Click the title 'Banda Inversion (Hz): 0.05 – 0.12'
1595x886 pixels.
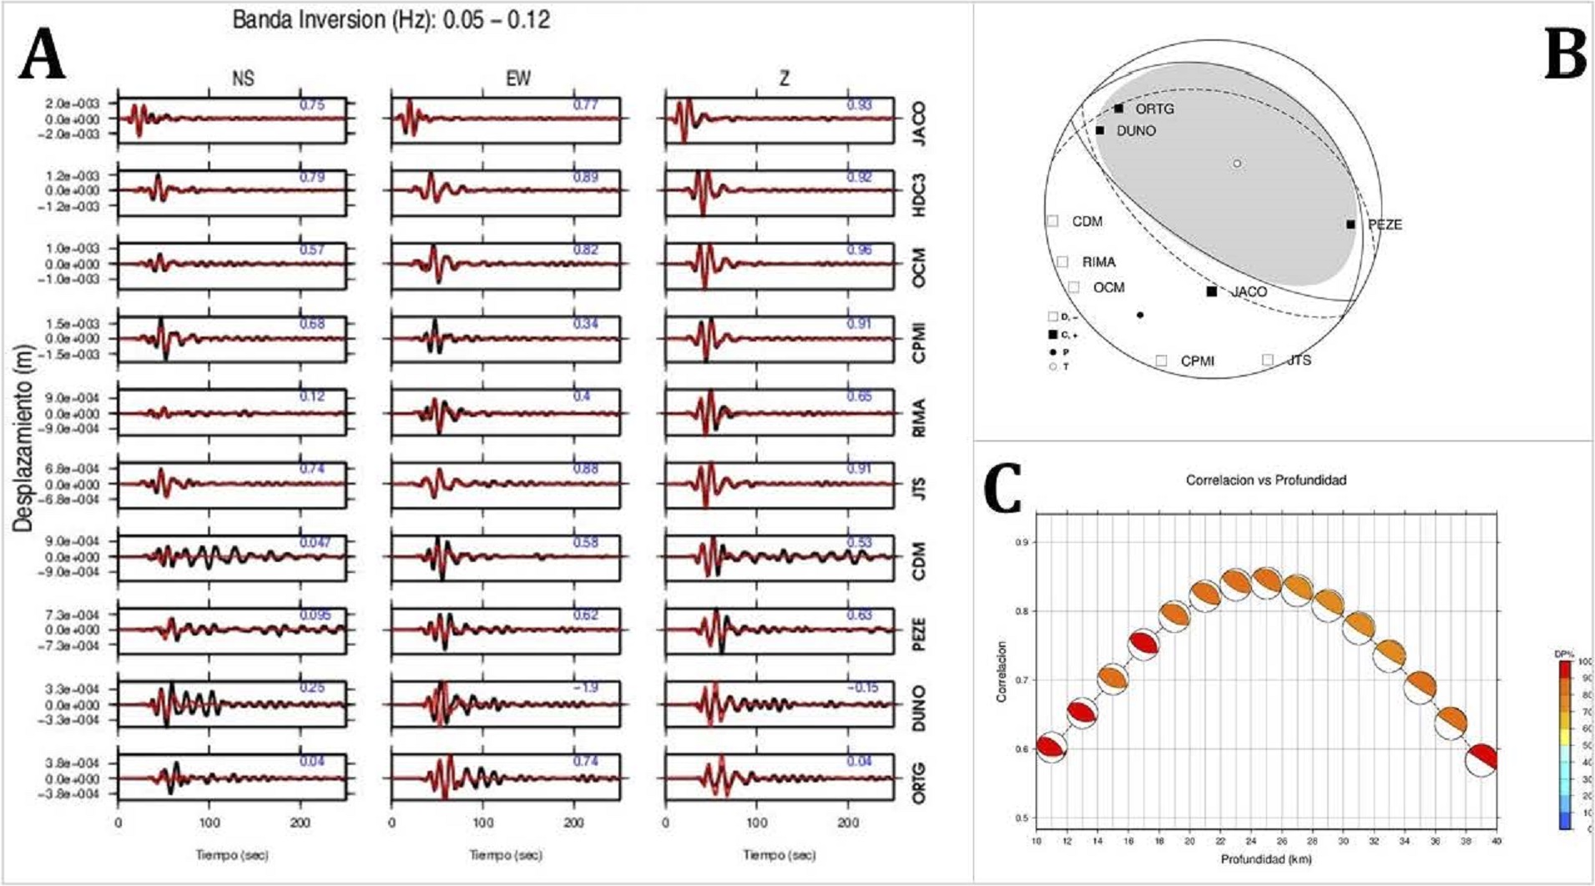[x=391, y=20]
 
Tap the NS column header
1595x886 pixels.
[x=243, y=78]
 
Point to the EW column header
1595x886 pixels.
[x=517, y=78]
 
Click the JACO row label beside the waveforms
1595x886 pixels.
[x=918, y=123]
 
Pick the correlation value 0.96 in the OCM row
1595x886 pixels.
[x=859, y=250]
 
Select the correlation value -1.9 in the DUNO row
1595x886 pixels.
[x=585, y=688]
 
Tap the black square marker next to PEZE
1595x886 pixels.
[x=1350, y=224]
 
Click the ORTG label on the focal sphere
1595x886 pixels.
[x=1154, y=109]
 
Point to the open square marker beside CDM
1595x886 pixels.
[x=1052, y=221]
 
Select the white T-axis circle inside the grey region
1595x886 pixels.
[x=1237, y=164]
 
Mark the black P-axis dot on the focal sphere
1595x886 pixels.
[x=1140, y=315]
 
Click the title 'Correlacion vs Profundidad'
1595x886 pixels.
[x=1265, y=480]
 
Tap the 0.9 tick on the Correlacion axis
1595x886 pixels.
[x=1020, y=542]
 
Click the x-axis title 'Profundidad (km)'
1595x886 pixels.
[x=1265, y=859]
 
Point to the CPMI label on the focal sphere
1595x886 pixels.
[x=1197, y=362]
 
